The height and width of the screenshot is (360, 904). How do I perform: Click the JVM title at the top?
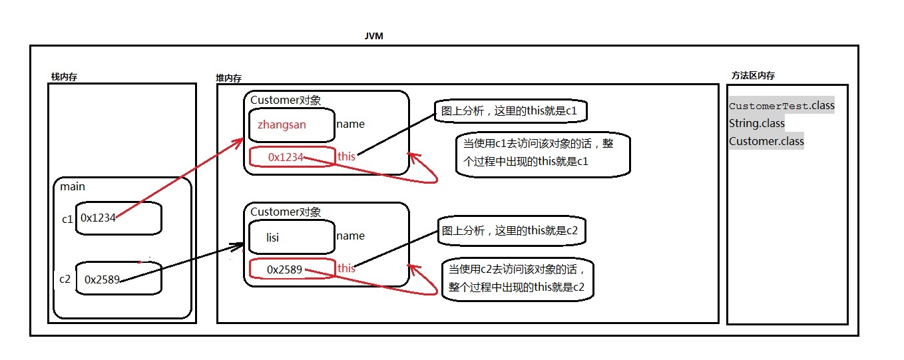[x=373, y=36]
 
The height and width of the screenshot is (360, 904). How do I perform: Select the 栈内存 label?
[x=65, y=77]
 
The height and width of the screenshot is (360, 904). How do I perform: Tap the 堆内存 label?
[x=229, y=78]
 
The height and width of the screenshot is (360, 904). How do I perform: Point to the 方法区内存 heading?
[x=753, y=76]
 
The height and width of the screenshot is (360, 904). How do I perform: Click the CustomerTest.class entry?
[x=782, y=106]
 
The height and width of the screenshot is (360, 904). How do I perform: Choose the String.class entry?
[x=757, y=123]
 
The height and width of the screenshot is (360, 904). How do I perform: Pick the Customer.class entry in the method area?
[x=766, y=141]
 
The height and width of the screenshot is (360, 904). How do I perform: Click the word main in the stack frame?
[x=73, y=186]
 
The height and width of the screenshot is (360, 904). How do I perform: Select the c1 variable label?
[x=67, y=218]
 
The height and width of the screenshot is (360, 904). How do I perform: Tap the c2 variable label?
[x=65, y=279]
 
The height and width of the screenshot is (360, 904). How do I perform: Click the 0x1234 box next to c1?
[x=118, y=218]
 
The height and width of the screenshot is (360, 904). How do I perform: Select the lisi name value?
[x=273, y=237]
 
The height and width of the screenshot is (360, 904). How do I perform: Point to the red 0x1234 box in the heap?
[x=292, y=157]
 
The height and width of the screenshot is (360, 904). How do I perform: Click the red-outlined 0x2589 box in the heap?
[x=292, y=270]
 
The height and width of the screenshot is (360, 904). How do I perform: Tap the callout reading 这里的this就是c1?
[x=511, y=112]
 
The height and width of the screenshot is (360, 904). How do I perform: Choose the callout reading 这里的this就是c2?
[x=511, y=231]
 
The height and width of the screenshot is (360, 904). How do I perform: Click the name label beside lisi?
[x=351, y=236]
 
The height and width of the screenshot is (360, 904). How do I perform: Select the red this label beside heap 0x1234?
[x=347, y=156]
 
